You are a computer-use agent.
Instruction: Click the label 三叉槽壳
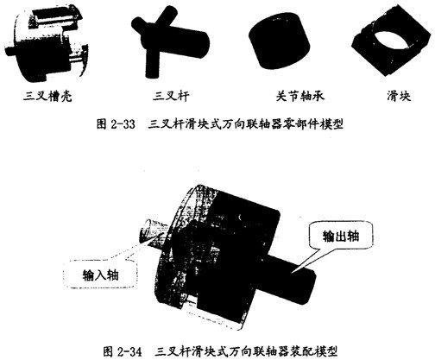coord(47,96)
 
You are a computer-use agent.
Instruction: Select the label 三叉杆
coord(171,96)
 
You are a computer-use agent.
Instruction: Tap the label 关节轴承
coord(300,96)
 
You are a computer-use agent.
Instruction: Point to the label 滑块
coord(399,96)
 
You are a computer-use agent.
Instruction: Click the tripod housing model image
coord(47,44)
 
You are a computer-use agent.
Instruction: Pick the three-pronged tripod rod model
coord(170,41)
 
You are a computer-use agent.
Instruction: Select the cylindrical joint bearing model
coord(280,41)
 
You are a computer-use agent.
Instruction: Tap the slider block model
coord(391,41)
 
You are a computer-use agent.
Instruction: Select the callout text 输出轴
coord(341,237)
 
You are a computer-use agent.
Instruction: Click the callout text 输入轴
coord(100,275)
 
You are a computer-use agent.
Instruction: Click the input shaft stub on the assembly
coord(149,231)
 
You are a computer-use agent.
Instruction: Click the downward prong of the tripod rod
coord(152,64)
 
